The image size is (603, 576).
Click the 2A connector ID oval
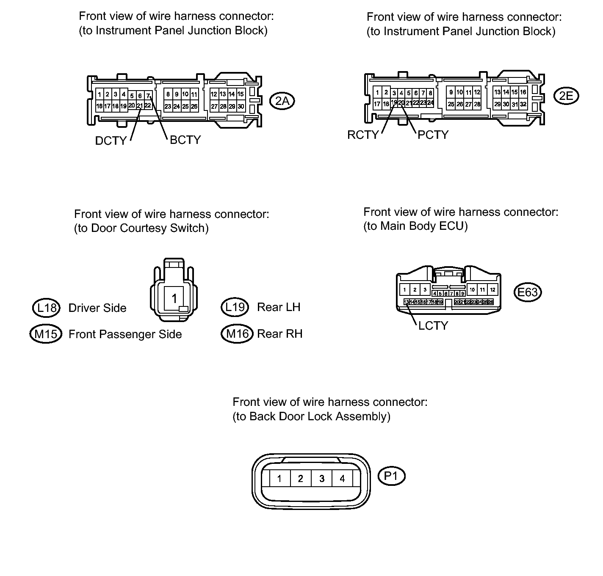click(282, 101)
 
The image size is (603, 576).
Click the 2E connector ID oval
click(566, 96)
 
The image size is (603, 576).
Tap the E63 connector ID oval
click(528, 292)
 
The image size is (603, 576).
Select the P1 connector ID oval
click(391, 476)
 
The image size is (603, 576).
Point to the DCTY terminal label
click(111, 141)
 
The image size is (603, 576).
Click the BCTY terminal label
click(185, 140)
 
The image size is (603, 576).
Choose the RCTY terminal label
click(363, 135)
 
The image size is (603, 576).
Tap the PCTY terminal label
click(433, 135)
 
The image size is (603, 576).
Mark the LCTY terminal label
click(433, 325)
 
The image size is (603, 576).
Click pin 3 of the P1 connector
click(322, 479)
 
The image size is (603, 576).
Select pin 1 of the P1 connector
click(279, 479)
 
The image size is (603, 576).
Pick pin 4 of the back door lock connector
click(342, 479)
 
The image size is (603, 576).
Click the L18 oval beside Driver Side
click(47, 308)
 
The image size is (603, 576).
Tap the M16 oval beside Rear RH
click(237, 334)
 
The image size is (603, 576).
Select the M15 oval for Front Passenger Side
click(45, 334)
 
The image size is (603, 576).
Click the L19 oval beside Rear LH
click(235, 307)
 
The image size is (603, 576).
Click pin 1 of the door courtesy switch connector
click(174, 299)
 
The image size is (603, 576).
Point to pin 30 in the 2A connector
click(241, 107)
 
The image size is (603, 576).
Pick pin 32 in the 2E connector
click(523, 104)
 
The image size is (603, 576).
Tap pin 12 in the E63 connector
click(492, 290)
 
